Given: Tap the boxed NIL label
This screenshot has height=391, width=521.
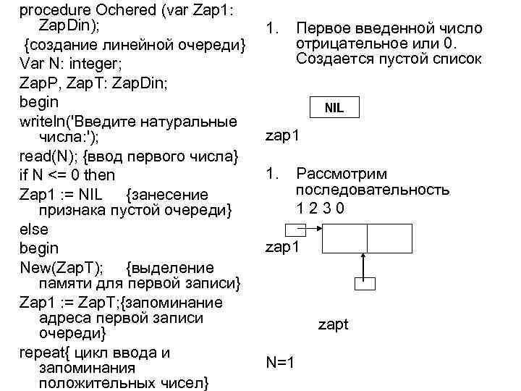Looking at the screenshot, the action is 334,109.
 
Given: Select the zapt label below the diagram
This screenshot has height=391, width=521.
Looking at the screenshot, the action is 333,324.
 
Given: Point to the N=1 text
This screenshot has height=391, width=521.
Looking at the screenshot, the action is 279,362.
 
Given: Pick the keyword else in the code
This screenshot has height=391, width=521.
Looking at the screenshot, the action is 34,230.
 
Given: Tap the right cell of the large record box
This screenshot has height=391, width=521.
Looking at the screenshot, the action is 389,237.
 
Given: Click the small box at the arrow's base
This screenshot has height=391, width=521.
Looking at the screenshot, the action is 365,283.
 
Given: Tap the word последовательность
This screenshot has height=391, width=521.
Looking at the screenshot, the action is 372,190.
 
